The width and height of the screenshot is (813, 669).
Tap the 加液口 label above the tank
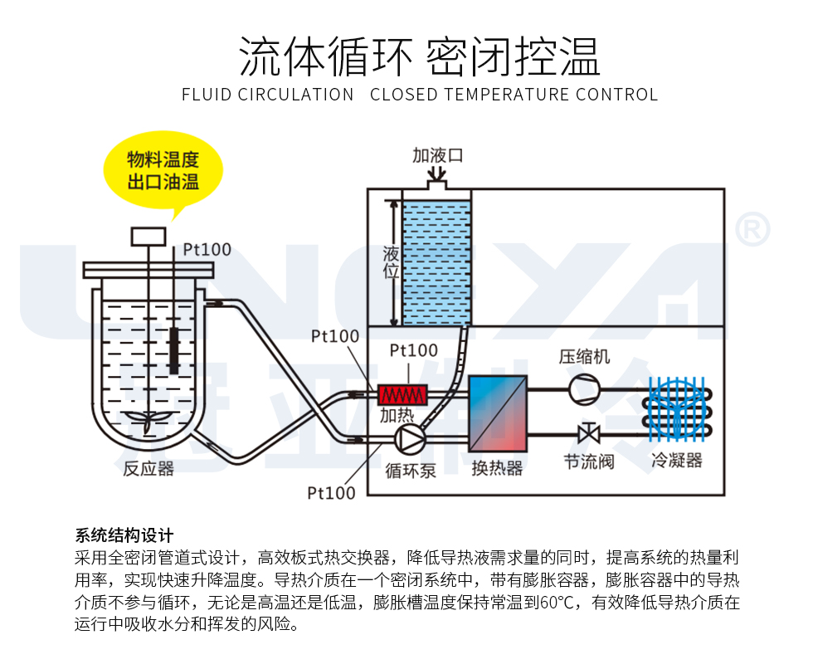click(437, 155)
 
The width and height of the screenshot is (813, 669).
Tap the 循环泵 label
click(411, 471)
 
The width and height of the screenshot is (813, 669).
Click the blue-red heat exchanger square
click(498, 413)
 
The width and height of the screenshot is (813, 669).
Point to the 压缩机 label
click(584, 356)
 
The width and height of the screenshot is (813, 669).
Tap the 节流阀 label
click(589, 461)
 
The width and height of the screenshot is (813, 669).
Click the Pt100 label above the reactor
click(207, 248)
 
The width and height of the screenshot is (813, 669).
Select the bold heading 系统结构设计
click(124, 535)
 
